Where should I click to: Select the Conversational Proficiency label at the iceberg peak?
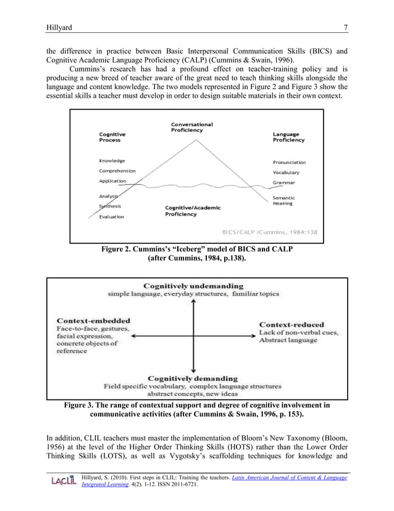(x=192, y=127)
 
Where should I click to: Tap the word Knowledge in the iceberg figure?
(x=112, y=161)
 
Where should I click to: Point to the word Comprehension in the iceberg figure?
(x=117, y=171)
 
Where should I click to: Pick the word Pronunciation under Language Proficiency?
(x=289, y=162)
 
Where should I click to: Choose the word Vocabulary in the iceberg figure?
(x=286, y=172)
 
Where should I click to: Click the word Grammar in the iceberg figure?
(x=283, y=182)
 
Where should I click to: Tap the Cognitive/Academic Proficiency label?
(x=192, y=211)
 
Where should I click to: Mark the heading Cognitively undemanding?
(x=193, y=286)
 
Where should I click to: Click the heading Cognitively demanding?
(x=193, y=378)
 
